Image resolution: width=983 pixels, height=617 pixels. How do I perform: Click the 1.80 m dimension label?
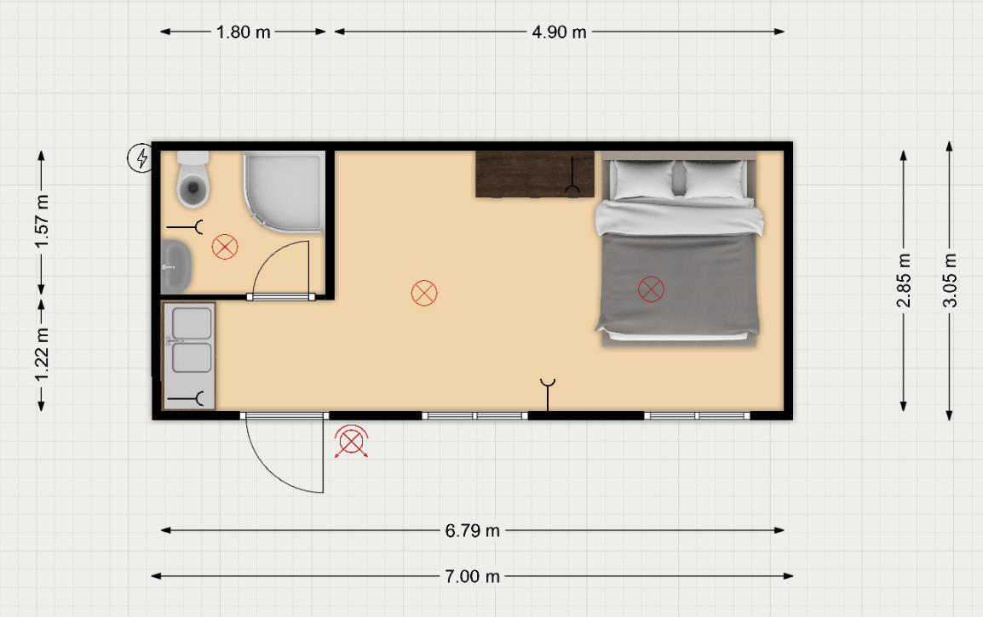pyautogui.click(x=244, y=32)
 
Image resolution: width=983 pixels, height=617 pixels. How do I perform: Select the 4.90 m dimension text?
pyautogui.click(x=559, y=32)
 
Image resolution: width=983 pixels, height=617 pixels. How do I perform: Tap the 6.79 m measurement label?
pyautogui.click(x=472, y=531)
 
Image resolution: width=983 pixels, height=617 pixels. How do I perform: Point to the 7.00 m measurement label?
pyautogui.click(x=472, y=576)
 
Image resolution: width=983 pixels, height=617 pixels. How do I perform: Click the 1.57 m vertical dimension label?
pyautogui.click(x=42, y=221)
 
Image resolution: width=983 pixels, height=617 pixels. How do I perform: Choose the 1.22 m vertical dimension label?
pyautogui.click(x=42, y=355)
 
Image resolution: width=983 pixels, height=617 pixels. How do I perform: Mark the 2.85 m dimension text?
pyautogui.click(x=904, y=280)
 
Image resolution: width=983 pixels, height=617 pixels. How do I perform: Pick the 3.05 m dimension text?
pyautogui.click(x=950, y=280)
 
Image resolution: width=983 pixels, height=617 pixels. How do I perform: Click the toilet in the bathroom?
pyautogui.click(x=193, y=180)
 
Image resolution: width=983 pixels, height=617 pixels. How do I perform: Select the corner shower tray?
pyautogui.click(x=285, y=191)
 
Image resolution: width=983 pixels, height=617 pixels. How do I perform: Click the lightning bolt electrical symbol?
pyautogui.click(x=141, y=157)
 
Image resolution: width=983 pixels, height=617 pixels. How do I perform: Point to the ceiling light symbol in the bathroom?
pyautogui.click(x=225, y=247)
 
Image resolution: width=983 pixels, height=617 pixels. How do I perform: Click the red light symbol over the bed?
pyautogui.click(x=651, y=289)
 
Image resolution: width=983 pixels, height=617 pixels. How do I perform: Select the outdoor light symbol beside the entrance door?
pyautogui.click(x=351, y=443)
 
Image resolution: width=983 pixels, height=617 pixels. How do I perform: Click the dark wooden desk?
pyautogui.click(x=535, y=174)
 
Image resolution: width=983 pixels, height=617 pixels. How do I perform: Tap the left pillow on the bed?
pyautogui.click(x=645, y=180)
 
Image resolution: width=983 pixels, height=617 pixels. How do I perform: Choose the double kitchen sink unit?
pyautogui.click(x=189, y=356)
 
